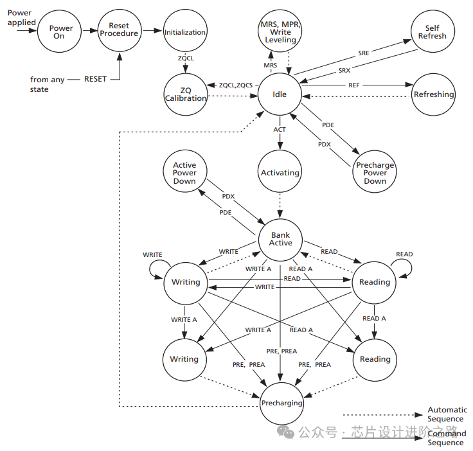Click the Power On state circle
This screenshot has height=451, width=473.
(x=61, y=32)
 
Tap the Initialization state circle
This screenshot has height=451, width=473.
(x=185, y=32)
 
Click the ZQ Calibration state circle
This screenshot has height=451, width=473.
(x=185, y=94)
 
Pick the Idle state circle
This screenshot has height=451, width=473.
(x=280, y=94)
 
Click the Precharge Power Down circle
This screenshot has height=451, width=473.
(x=375, y=173)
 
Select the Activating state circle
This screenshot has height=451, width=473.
(x=280, y=173)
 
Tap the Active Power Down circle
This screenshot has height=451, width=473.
(x=184, y=173)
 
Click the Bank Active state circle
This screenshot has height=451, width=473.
(x=280, y=239)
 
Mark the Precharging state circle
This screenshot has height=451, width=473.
(x=281, y=403)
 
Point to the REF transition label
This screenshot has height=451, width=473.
(x=353, y=85)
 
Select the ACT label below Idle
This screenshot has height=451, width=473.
(x=280, y=129)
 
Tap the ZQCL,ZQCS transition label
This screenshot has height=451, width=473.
(x=236, y=85)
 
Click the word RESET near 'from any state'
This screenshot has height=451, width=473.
(x=95, y=79)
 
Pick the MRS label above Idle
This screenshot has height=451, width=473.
(x=271, y=66)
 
